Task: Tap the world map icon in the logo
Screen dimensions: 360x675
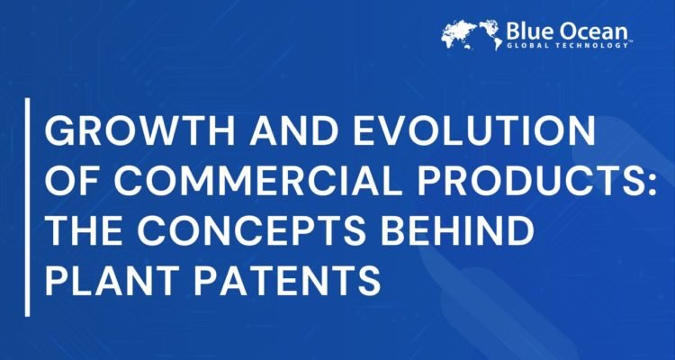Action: tap(471, 33)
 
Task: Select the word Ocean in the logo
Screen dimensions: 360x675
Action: tap(602, 28)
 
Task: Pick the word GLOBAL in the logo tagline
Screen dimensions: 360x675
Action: tap(531, 43)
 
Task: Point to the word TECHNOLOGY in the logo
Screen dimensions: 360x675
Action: tap(598, 43)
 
